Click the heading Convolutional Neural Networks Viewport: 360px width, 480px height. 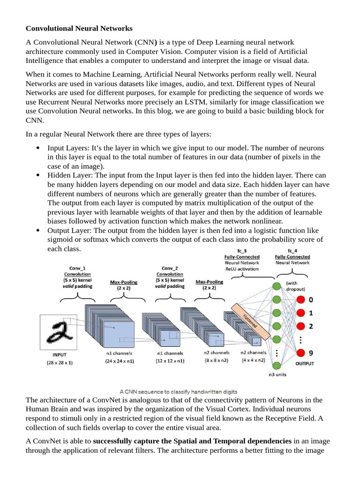pyautogui.click(x=79, y=29)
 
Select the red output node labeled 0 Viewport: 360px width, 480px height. pyautogui.click(x=300, y=300)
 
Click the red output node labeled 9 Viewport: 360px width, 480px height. pyautogui.click(x=300, y=353)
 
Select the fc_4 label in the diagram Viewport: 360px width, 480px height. pyautogui.click(x=292, y=251)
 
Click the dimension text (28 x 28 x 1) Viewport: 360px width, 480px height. pyautogui.click(x=60, y=362)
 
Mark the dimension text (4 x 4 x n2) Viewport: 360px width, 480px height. pyautogui.click(x=253, y=360)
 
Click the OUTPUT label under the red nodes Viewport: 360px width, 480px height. pyautogui.click(x=304, y=363)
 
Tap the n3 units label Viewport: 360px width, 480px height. pyautogui.click(x=277, y=375)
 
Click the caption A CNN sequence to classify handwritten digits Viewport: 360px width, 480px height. pyautogui.click(x=178, y=391)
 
